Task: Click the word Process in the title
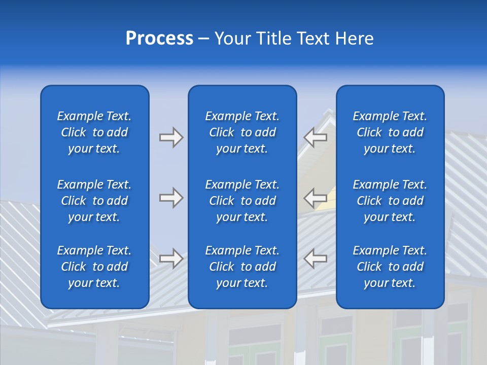click(x=159, y=39)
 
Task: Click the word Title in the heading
click(x=273, y=39)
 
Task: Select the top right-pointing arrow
click(x=171, y=137)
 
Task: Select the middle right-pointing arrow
click(x=171, y=198)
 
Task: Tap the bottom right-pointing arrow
click(x=171, y=259)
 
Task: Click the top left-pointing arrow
click(x=315, y=137)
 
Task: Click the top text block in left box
click(x=94, y=132)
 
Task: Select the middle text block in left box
click(x=94, y=201)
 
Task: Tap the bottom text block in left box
click(x=94, y=267)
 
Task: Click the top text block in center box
click(x=242, y=132)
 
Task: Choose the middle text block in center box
click(x=242, y=201)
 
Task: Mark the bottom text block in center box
click(x=242, y=267)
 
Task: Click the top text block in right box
click(x=390, y=132)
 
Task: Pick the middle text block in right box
click(x=390, y=201)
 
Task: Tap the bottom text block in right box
click(x=390, y=267)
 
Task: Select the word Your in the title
click(x=232, y=39)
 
